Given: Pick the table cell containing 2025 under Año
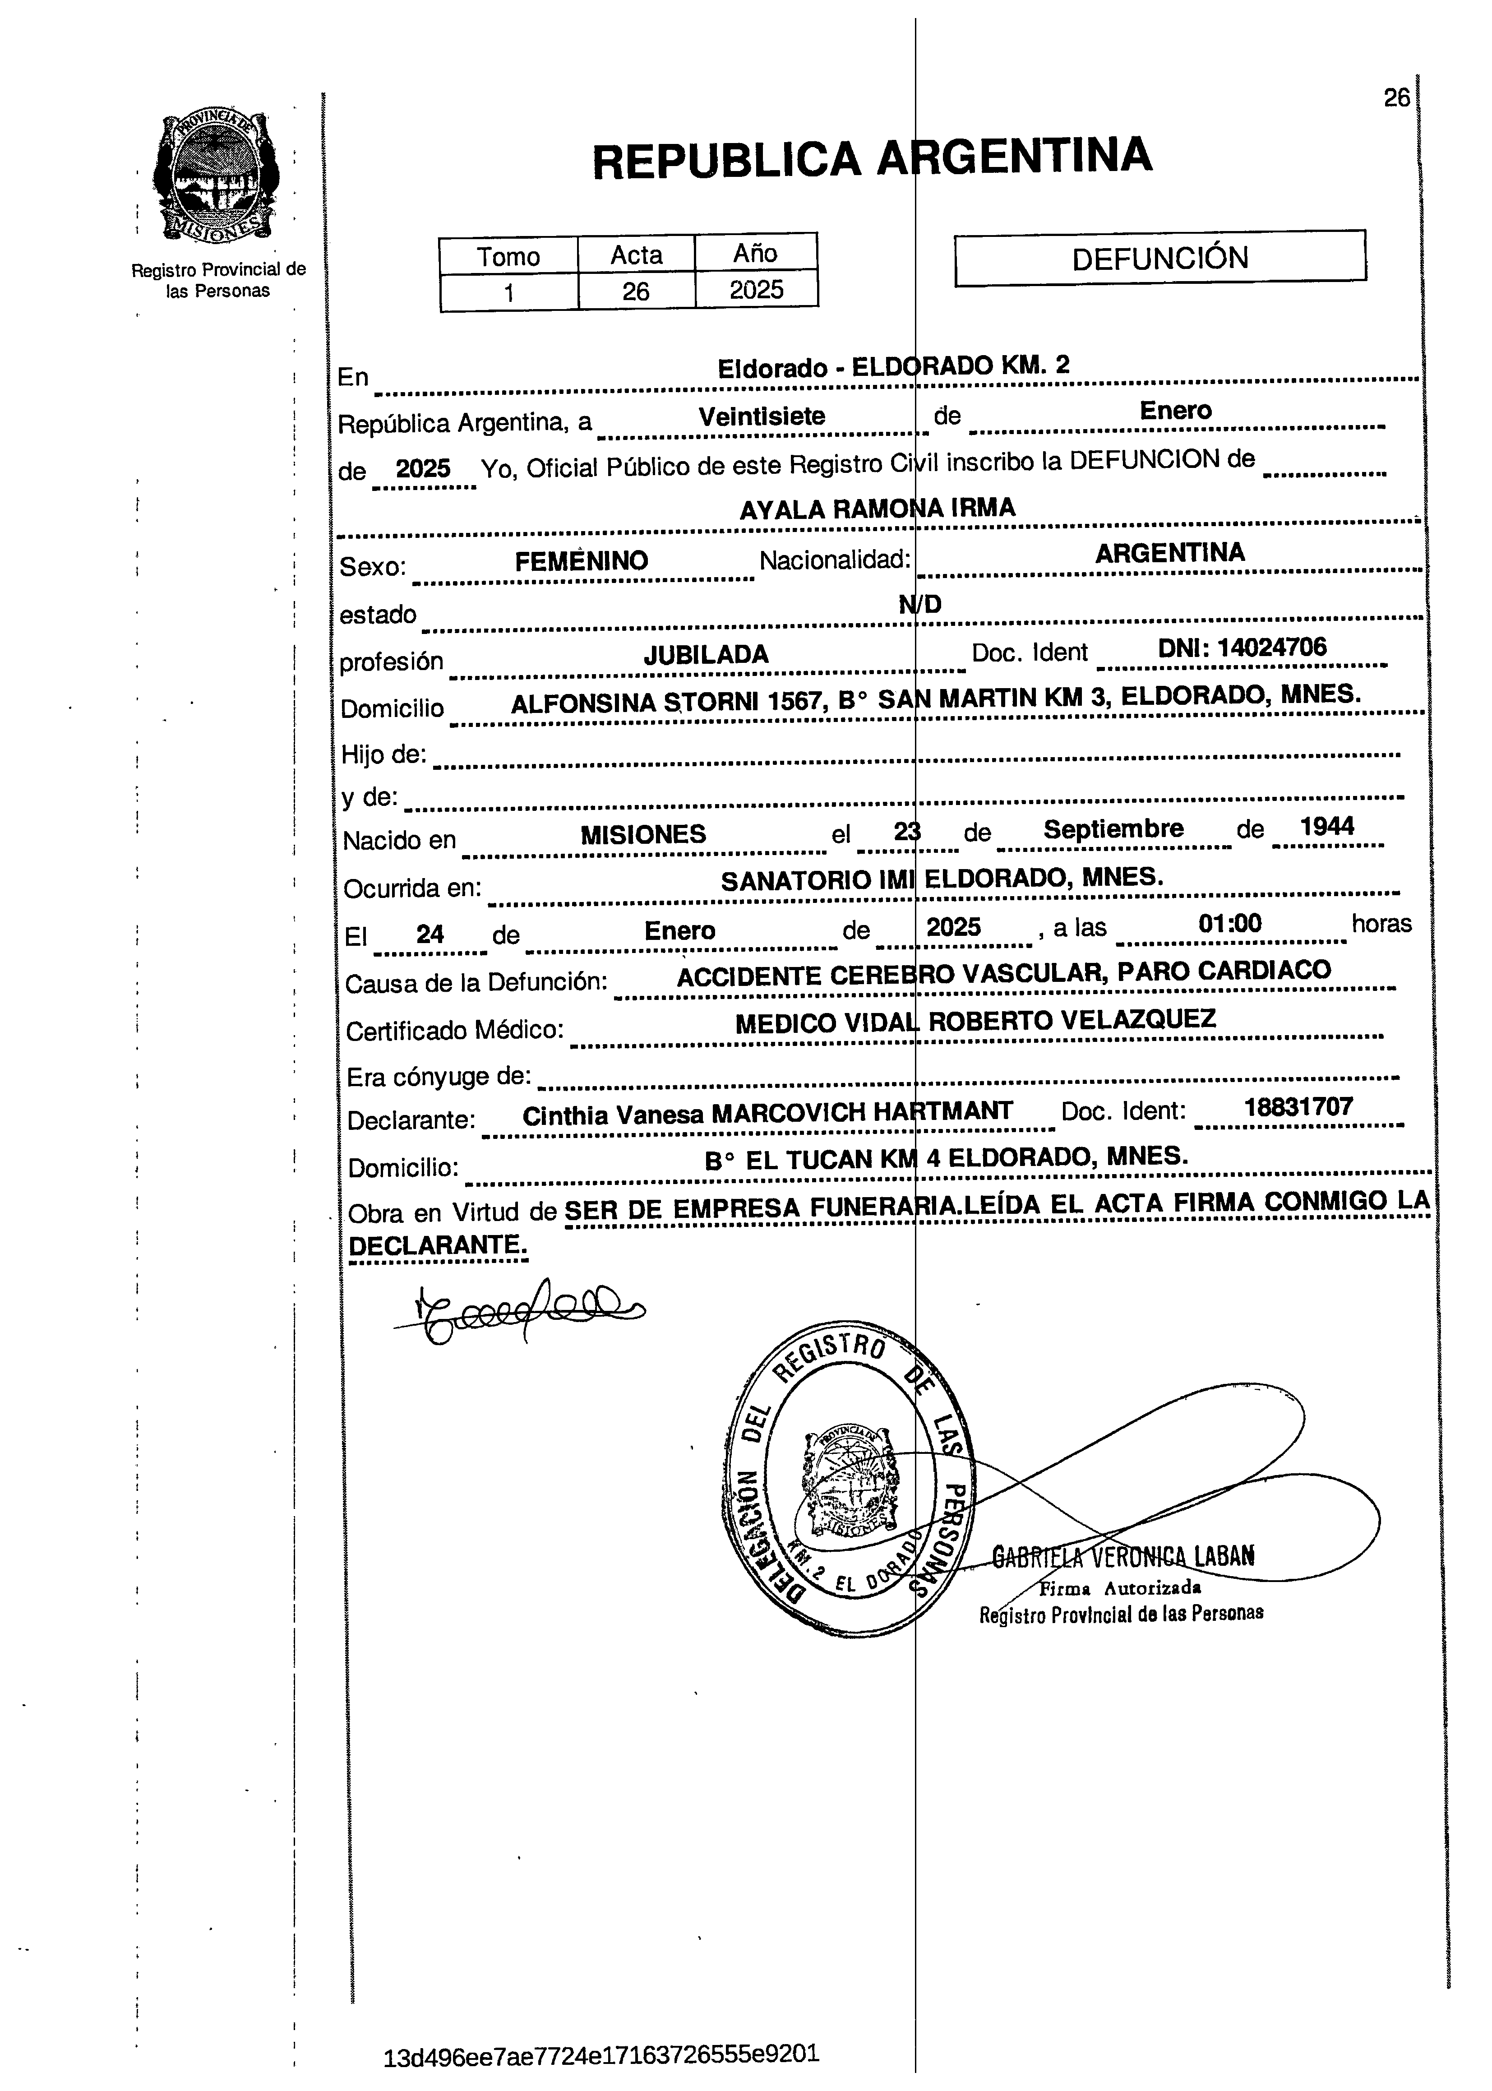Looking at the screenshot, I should click(x=756, y=290).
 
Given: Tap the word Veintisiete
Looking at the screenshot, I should click(x=762, y=416).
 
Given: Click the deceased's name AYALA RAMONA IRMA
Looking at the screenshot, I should click(x=878, y=508).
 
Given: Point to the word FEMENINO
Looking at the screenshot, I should click(x=582, y=560).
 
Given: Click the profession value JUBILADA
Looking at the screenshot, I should click(x=706, y=654).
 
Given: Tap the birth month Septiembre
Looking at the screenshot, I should click(x=1113, y=828).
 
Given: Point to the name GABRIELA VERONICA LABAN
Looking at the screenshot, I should click(x=1122, y=1555).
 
